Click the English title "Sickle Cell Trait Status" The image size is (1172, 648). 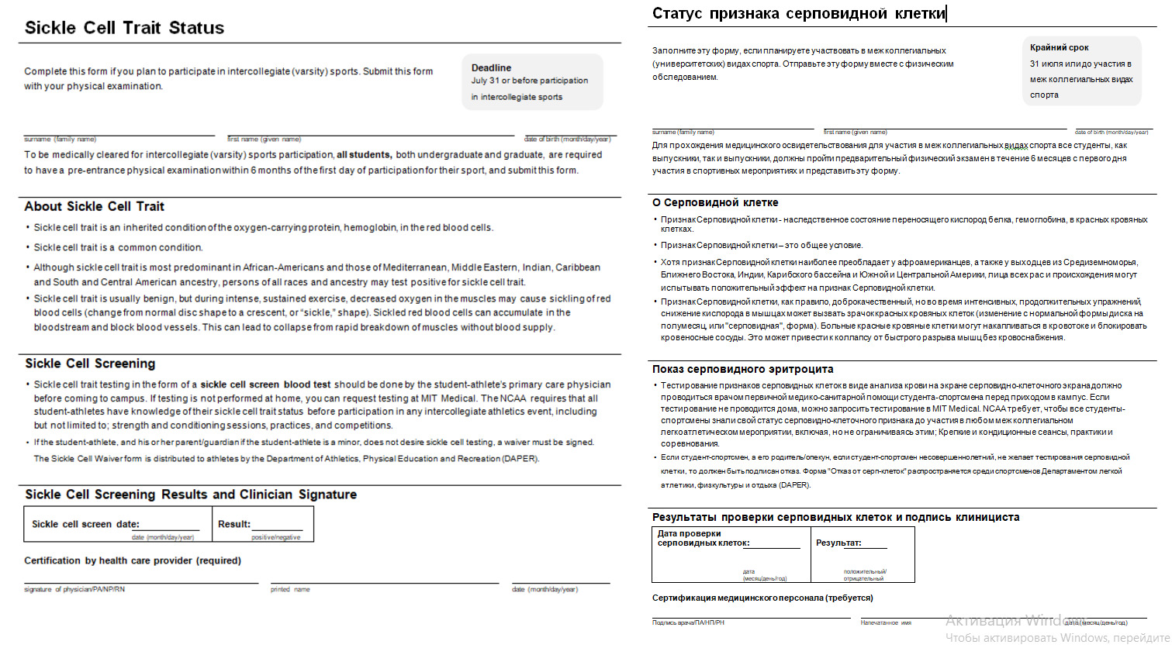click(124, 28)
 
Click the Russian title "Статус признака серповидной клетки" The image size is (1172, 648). click(798, 14)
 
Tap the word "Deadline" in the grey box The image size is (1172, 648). click(491, 67)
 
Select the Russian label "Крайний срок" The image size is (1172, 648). click(1059, 47)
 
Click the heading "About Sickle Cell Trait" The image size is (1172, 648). click(94, 206)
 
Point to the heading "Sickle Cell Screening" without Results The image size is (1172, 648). click(90, 364)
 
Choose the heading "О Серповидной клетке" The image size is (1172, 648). click(714, 202)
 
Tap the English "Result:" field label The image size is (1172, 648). click(234, 524)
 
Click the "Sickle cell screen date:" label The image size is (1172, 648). click(85, 524)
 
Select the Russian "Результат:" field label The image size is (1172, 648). click(838, 543)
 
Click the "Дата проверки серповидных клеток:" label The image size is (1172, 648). click(703, 538)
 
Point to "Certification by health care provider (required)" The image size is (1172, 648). click(133, 560)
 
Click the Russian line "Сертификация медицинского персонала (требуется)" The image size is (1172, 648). click(762, 598)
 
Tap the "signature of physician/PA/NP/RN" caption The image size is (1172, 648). click(74, 590)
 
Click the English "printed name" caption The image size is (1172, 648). click(290, 590)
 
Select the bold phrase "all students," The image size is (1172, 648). click(364, 155)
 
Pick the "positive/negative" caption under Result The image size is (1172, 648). click(275, 537)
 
